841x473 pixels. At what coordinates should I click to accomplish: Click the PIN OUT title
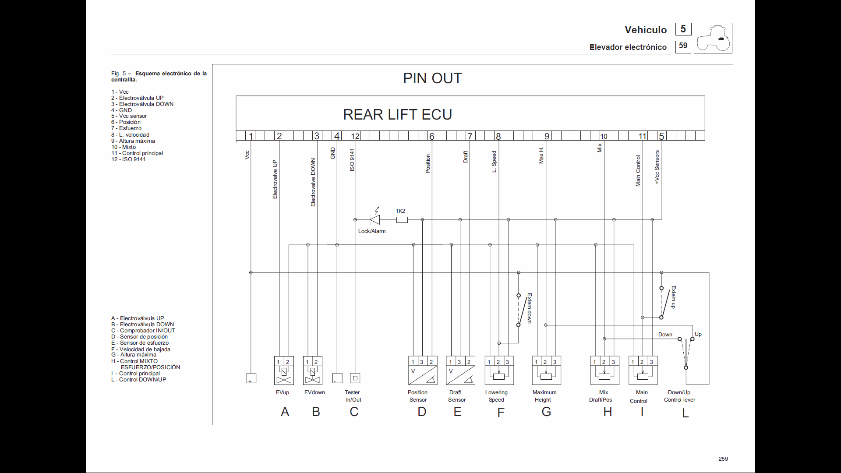coord(432,78)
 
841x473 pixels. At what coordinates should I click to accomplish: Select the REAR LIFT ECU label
coord(397,115)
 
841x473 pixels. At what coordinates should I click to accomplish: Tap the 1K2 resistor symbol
coord(402,220)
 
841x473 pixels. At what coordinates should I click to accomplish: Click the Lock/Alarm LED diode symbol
coord(375,219)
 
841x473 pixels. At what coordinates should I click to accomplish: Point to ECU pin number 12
coord(355,136)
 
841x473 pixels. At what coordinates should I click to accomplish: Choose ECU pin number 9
coord(547,136)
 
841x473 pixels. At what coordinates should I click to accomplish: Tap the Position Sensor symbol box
coord(423,371)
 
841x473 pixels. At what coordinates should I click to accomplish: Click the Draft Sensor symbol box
coord(460,371)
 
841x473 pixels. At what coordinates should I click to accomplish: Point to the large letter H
coord(608,412)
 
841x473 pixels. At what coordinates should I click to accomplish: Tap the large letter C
coord(354,412)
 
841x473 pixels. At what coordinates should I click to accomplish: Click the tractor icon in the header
coord(713,39)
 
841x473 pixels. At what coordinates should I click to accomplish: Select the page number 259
coord(723,459)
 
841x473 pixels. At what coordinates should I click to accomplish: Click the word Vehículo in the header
coord(646,30)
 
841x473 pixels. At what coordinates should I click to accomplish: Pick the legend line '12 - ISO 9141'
coord(128,159)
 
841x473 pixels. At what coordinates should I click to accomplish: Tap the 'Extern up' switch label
coord(674,297)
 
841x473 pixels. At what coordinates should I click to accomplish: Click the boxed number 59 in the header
coord(683,46)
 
